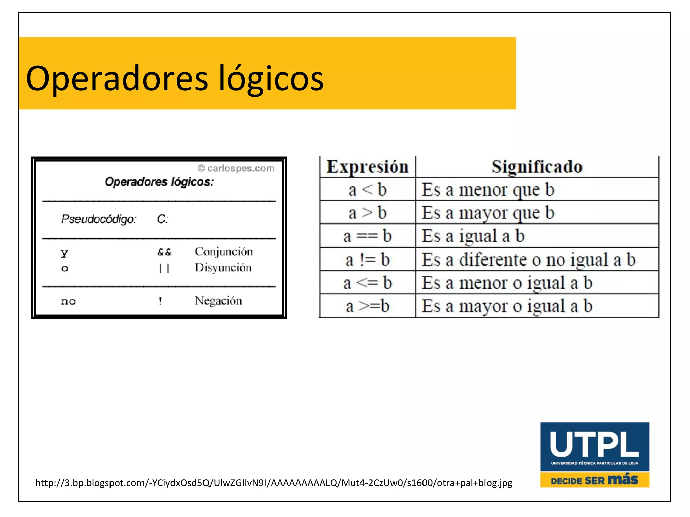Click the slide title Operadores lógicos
pos(175,78)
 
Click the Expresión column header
pos(367,167)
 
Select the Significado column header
pos(537,167)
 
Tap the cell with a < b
pos(367,190)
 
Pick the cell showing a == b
pos(367,236)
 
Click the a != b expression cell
pos(367,260)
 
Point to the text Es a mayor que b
pos(488,213)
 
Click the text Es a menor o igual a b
pos(507,283)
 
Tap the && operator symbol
pos(164,252)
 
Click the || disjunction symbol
pos(164,268)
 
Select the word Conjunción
pos(224,252)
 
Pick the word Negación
pos(218,301)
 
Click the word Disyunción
pos(223,268)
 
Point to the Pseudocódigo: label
pos(99,219)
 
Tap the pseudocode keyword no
pos(68,301)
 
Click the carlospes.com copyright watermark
pos(236,168)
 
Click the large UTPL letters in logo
pos(594,444)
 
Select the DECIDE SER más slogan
pos(594,480)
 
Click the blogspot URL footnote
pos(274,483)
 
